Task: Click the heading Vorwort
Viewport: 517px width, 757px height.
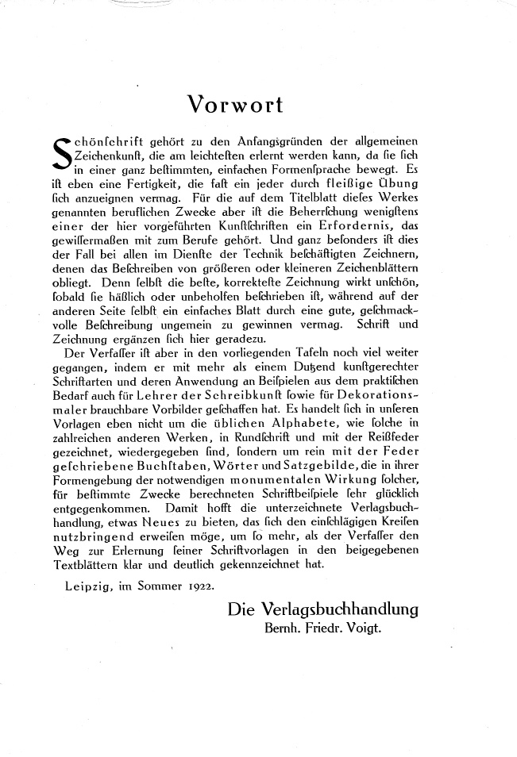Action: pos(235,104)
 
